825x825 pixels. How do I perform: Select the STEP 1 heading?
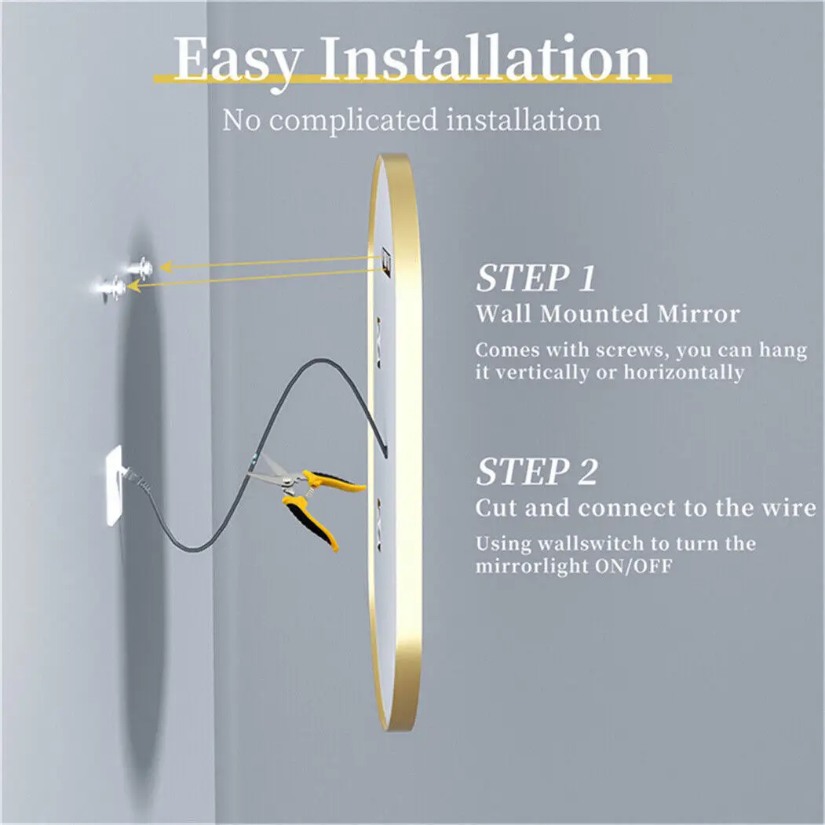point(536,279)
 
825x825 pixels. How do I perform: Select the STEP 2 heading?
point(537,473)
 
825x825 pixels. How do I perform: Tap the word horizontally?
point(684,372)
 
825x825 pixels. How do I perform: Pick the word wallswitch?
point(582,543)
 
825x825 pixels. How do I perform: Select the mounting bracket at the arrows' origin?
point(385,259)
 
